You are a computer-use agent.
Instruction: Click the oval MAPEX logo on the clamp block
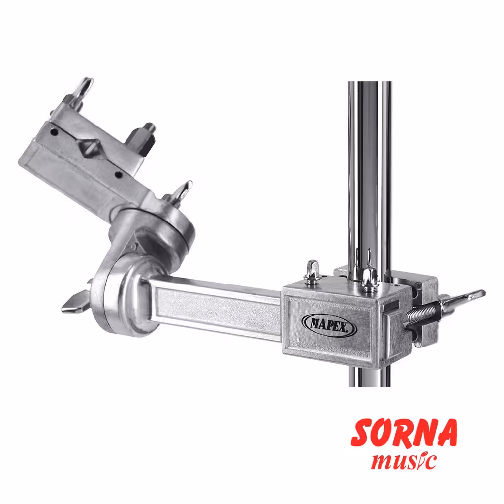(x=329, y=325)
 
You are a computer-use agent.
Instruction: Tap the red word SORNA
(x=404, y=433)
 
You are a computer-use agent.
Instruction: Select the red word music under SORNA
(x=404, y=461)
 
